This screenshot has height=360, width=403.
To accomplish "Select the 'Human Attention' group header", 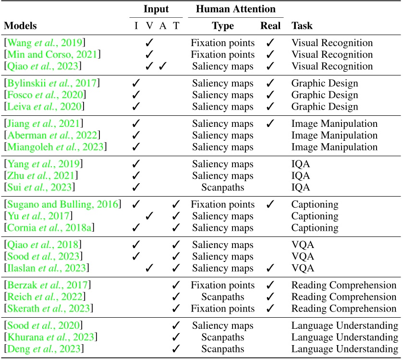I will coord(233,10).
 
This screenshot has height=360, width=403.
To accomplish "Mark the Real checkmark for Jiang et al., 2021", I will coord(270,124).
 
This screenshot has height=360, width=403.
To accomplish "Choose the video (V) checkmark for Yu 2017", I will coord(149,216).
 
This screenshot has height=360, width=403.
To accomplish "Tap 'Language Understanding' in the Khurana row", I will coord(344,337).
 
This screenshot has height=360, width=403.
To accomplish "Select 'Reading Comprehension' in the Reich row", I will coord(344,297).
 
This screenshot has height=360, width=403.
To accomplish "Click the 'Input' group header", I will coord(156,10).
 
